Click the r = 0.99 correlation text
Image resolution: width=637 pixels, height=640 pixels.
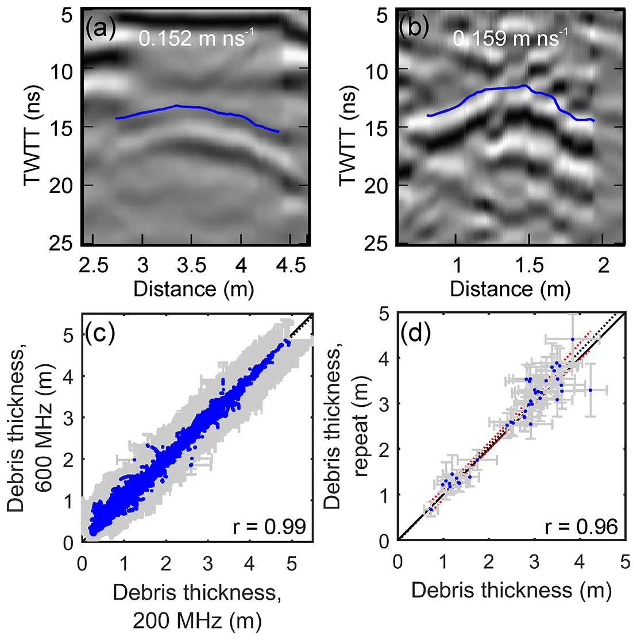click(269, 526)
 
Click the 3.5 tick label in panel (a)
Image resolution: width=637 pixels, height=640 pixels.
click(192, 265)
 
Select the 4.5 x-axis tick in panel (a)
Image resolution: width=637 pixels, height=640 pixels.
click(291, 265)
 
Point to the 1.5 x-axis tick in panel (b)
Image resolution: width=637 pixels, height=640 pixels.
click(530, 265)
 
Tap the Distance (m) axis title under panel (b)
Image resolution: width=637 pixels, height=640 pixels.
click(510, 288)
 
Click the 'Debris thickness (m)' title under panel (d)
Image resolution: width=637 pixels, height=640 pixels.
click(511, 589)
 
